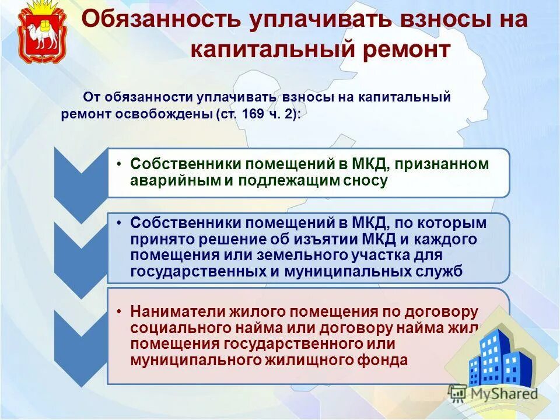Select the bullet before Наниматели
pos(119,311)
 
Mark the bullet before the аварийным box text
pos(119,164)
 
